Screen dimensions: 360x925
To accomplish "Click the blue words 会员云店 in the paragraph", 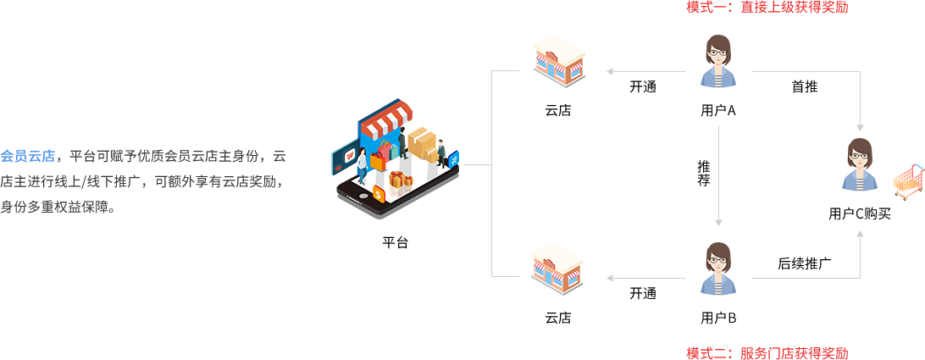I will point(28,157).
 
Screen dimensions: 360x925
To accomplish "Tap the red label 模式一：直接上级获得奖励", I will point(767,8).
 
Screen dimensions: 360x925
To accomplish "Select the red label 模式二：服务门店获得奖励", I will point(767,352).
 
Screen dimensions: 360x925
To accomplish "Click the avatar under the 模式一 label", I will point(718,62).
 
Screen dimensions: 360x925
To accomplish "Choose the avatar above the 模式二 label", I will point(718,269).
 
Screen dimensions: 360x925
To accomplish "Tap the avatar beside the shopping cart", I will point(860,164).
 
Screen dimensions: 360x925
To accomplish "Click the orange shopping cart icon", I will point(907,181).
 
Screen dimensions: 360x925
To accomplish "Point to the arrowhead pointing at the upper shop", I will point(610,72).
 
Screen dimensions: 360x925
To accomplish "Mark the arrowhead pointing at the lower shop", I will point(610,278).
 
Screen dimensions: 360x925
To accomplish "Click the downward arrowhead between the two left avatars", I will point(718,222).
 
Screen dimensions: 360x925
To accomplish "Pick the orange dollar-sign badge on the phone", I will point(378,194).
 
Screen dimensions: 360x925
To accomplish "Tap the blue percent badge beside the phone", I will point(453,158).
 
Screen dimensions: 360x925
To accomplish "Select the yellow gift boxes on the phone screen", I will point(400,179).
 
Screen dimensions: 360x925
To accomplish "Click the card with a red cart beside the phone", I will point(345,157).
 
